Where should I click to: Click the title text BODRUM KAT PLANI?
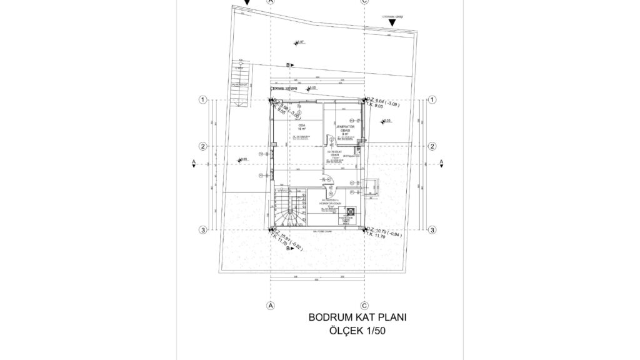click(357, 317)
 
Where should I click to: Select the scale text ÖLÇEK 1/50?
click(357, 331)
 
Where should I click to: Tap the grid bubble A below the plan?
click(271, 306)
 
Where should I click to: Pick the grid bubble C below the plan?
click(364, 306)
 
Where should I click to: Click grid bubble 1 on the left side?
click(202, 100)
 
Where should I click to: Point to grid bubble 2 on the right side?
click(432, 146)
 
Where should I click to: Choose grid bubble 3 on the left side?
click(202, 231)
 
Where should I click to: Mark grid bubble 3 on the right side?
click(432, 231)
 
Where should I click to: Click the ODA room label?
click(301, 127)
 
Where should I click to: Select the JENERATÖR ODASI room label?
click(346, 129)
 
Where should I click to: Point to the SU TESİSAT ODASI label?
click(335, 154)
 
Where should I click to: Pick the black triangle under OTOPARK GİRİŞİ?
click(392, 24)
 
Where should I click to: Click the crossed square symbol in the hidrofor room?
click(349, 211)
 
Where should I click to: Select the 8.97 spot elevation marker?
click(298, 42)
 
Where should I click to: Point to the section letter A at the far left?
click(194, 161)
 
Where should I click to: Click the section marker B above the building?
click(289, 65)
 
